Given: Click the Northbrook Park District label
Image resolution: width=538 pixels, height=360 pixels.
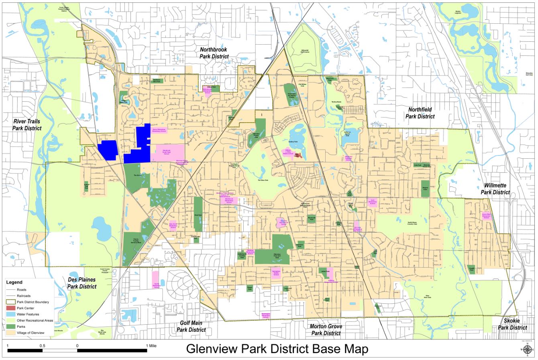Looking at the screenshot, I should (214, 53).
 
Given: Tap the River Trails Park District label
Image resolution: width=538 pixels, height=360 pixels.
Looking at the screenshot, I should (27, 125).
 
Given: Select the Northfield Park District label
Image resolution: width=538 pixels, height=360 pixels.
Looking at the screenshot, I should (420, 113).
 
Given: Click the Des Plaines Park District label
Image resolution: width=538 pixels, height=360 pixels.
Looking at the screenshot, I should (82, 283).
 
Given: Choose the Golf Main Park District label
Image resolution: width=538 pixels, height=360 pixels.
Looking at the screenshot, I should (191, 326).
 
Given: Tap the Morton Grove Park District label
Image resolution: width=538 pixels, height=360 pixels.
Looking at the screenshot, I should (326, 330).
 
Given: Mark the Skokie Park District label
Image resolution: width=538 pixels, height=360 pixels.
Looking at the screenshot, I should (512, 324).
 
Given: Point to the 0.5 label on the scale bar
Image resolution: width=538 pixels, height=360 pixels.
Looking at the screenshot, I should (42, 346).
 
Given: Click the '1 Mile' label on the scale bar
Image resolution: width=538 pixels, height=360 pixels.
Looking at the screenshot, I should (151, 346).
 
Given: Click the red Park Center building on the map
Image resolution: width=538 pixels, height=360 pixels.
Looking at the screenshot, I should (298, 154).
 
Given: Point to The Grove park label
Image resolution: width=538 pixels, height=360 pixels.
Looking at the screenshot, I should (137, 176).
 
